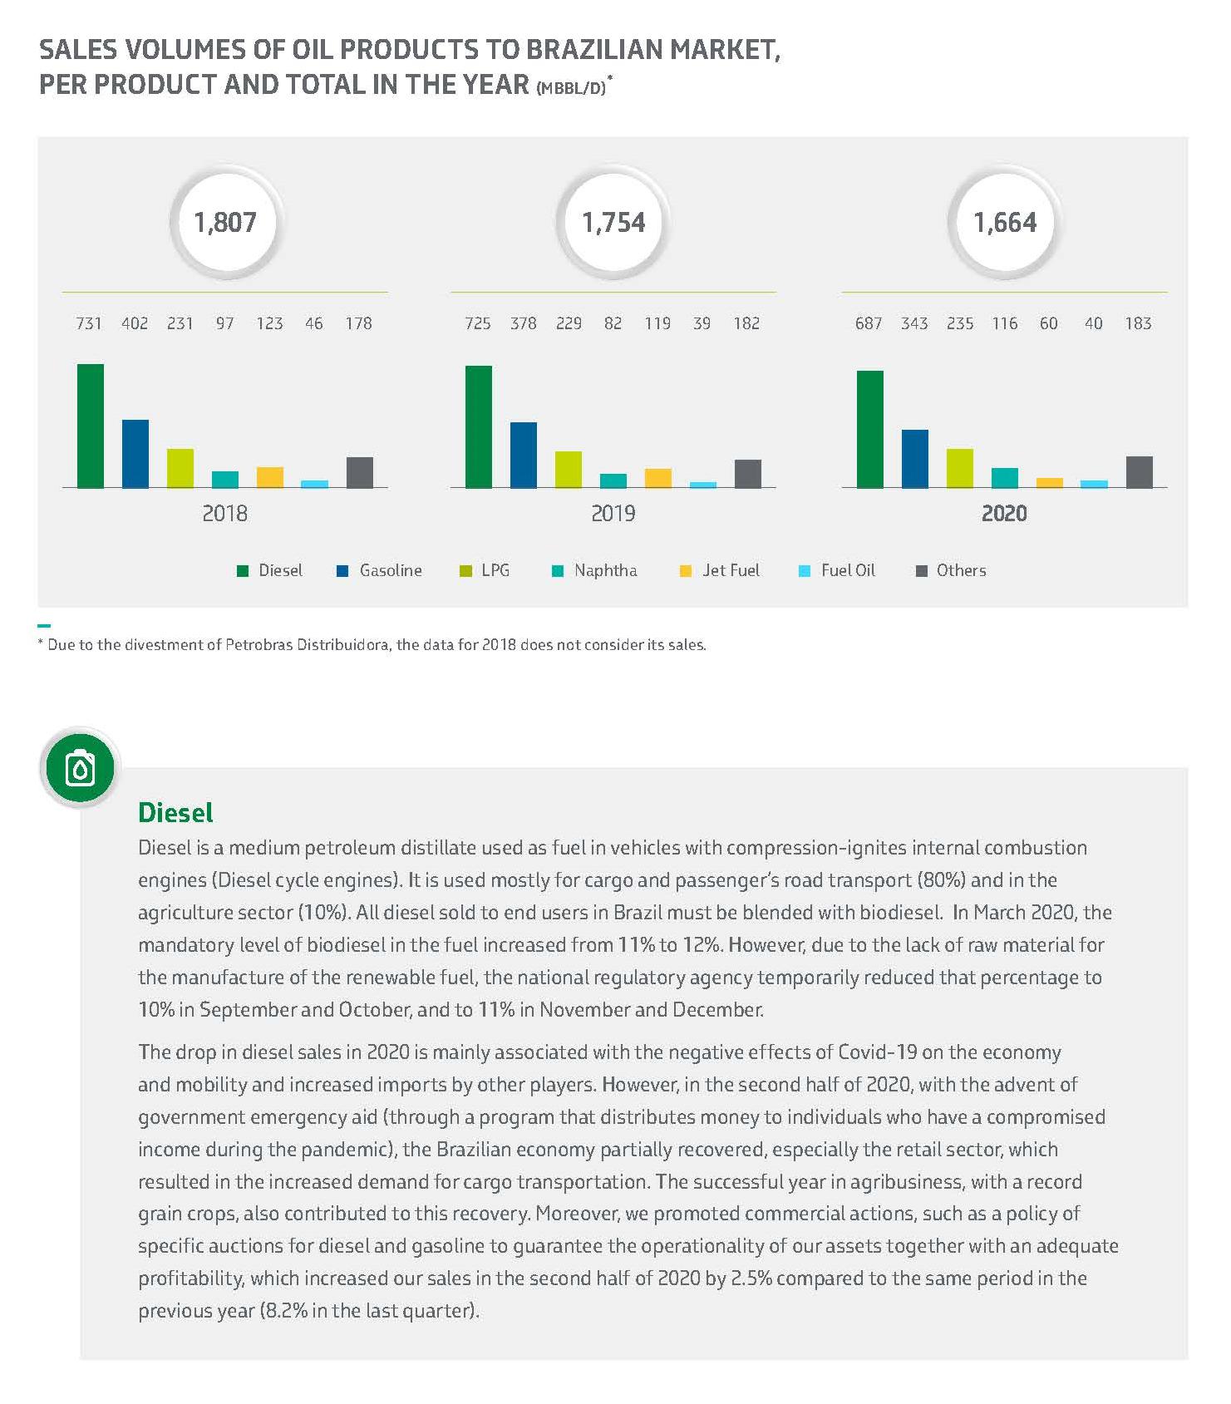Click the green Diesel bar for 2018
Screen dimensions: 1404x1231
click(x=90, y=426)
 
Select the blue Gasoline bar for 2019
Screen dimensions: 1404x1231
click(x=523, y=455)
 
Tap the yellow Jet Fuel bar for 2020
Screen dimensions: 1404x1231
click(x=1049, y=482)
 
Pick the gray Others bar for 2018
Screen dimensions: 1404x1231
click(x=359, y=472)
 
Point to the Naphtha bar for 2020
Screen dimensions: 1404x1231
click(x=1004, y=477)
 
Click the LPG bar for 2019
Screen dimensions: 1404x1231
click(x=568, y=469)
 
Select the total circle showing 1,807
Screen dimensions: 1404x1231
click(x=224, y=223)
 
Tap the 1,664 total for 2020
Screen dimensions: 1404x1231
click(x=1005, y=223)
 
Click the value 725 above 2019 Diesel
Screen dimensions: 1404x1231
click(x=477, y=323)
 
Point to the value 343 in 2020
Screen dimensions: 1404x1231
click(x=913, y=323)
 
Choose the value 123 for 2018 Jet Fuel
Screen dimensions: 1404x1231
click(x=269, y=323)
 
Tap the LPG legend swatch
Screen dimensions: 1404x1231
click(x=465, y=571)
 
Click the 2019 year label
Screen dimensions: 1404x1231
click(x=613, y=513)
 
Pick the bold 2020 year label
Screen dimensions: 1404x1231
click(x=1004, y=513)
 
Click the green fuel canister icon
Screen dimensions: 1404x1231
click(x=80, y=768)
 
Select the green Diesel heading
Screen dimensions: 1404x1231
click(x=175, y=812)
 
